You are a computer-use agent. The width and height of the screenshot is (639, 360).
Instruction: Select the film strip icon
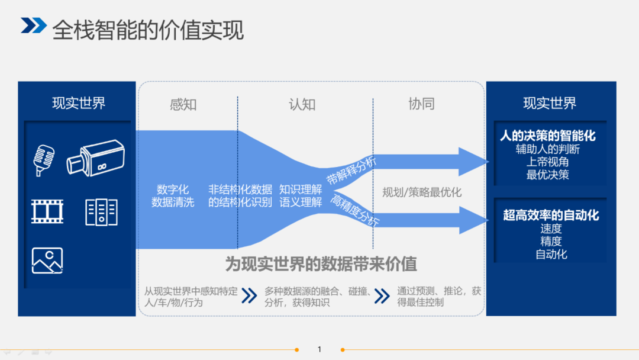tap(47, 211)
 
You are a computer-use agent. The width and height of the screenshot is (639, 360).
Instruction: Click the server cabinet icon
tap(101, 212)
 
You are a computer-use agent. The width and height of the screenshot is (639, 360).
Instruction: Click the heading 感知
tap(183, 105)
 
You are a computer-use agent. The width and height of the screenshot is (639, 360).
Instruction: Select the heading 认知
tap(302, 105)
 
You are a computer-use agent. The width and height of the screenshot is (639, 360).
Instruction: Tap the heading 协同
tap(421, 104)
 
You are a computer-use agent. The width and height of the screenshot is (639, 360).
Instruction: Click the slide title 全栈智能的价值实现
tap(148, 30)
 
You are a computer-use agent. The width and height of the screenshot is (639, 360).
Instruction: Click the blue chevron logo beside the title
tap(34, 25)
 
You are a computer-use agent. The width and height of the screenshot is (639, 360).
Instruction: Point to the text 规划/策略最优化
tap(422, 192)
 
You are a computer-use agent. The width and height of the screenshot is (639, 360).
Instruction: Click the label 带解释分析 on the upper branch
tap(351, 171)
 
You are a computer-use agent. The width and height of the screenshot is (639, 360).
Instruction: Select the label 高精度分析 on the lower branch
tap(355, 211)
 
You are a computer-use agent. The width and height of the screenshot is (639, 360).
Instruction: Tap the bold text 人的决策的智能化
tap(548, 136)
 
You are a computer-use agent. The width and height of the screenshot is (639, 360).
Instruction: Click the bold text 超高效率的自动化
tap(551, 216)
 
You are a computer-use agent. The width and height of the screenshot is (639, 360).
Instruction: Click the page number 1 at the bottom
tap(319, 349)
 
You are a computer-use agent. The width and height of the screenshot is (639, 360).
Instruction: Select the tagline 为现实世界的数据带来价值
tap(321, 264)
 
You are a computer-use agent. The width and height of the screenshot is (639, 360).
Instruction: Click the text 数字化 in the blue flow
tap(173, 189)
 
